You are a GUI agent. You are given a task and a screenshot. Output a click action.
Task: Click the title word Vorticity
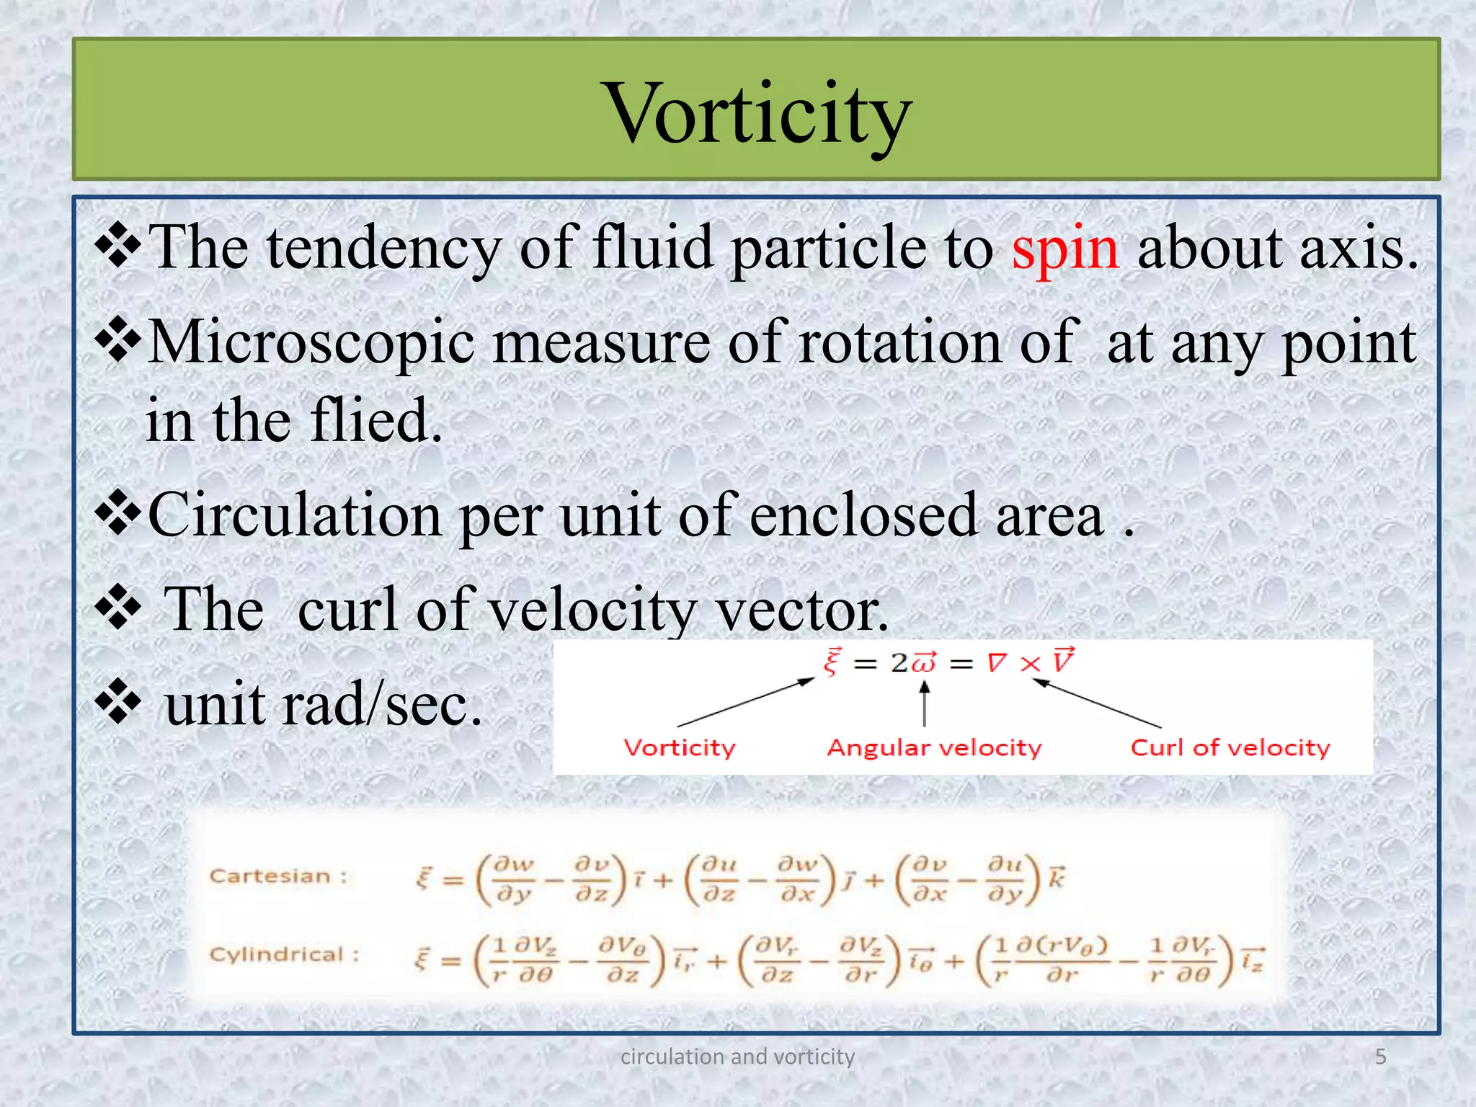[x=759, y=114]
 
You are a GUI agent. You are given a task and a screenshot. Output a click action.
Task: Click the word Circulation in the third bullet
[x=295, y=515]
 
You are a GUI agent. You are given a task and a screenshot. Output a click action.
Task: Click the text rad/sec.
[x=382, y=705]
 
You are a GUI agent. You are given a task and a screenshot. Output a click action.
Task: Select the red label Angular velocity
[x=934, y=748]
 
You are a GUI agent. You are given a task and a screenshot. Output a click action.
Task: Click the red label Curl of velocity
[x=1230, y=748]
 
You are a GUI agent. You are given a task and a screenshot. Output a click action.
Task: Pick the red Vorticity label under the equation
[x=679, y=748]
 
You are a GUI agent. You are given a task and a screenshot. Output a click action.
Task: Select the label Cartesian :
[x=278, y=876]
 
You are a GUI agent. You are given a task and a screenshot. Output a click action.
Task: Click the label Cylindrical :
[x=284, y=955]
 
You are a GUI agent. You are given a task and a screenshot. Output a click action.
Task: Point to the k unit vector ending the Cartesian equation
[x=1056, y=879]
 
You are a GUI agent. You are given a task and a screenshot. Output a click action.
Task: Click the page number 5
[x=1380, y=1057]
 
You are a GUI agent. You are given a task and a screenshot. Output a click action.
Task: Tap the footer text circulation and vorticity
[x=737, y=1057]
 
